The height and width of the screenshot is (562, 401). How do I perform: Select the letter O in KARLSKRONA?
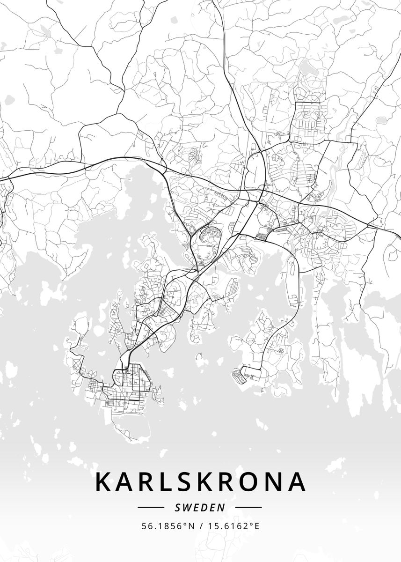tap(248, 482)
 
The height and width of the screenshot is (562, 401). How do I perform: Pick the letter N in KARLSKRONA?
tap(274, 482)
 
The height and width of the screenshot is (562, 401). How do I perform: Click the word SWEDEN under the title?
tap(200, 507)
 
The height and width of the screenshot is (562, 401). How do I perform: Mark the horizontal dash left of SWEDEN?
tap(151, 507)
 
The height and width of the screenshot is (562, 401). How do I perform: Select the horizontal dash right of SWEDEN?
tap(248, 507)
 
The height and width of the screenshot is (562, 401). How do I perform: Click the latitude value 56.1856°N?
tap(168, 526)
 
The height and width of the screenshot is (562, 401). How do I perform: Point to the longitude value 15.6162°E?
tap(233, 526)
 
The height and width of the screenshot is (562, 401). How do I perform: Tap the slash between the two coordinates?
tap(201, 526)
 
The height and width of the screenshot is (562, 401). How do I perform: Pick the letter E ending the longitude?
tap(256, 526)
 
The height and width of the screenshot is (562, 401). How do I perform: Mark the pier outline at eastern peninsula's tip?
tap(240, 375)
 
